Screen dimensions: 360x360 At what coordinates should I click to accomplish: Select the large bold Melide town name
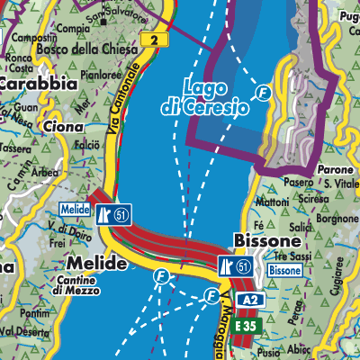click(93, 263)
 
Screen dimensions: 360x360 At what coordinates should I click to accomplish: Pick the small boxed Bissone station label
click(284, 270)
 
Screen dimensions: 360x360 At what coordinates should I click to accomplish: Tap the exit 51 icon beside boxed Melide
click(113, 211)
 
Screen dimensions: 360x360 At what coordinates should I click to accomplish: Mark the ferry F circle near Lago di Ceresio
click(263, 92)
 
